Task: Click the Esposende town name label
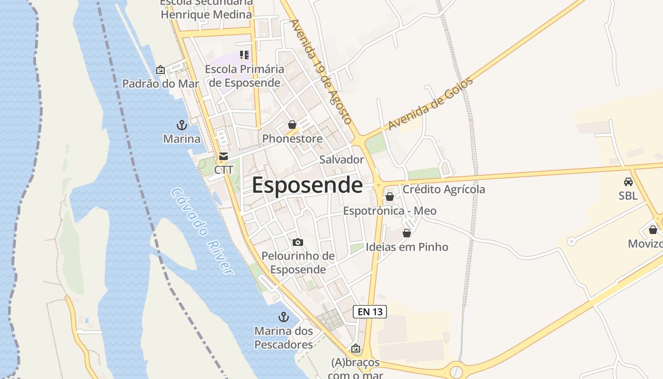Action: point(307,185)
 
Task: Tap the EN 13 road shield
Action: point(370,312)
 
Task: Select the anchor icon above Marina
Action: point(182,125)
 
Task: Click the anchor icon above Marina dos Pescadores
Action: point(284,316)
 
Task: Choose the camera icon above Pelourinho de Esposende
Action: point(298,243)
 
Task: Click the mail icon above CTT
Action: point(224,156)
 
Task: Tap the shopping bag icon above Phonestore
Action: point(292,125)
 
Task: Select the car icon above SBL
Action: point(628,181)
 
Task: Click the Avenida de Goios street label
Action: point(430,104)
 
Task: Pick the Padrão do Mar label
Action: point(161,84)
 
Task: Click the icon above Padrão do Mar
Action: point(161,70)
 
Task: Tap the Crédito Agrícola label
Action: point(444,189)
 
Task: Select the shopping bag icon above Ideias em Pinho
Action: point(407,233)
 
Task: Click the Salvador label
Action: point(341,160)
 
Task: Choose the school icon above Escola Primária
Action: point(244,55)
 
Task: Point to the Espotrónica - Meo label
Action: point(390,211)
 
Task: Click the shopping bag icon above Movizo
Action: point(653,230)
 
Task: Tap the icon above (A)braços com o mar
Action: point(356,349)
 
